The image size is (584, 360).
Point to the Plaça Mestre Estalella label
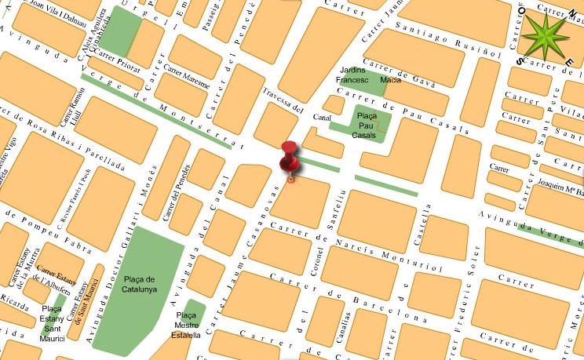coord(187,325)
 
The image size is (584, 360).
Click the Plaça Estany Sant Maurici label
coord(54,322)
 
